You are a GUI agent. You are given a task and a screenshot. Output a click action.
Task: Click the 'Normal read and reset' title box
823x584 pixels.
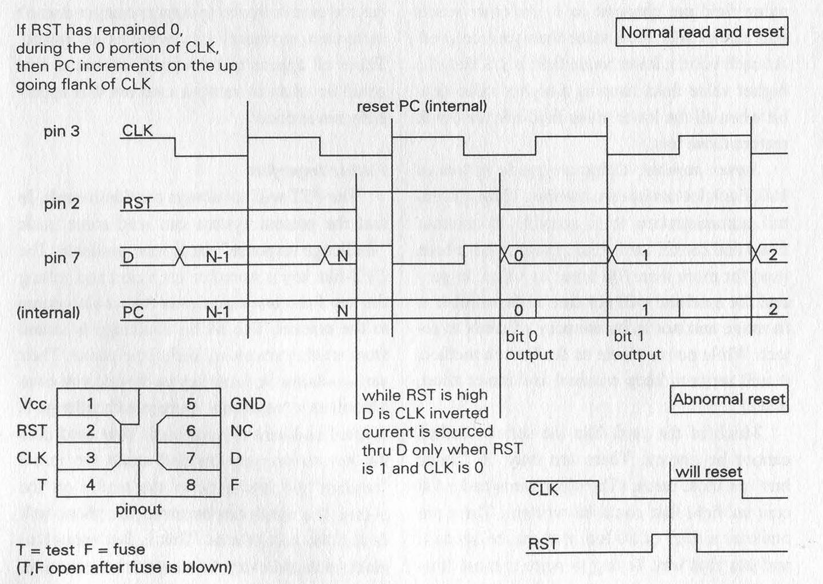pos(702,32)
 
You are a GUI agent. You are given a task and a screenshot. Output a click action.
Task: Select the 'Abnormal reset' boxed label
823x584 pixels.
pos(729,399)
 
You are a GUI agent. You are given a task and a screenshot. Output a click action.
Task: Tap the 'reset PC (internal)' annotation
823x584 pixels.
pos(422,106)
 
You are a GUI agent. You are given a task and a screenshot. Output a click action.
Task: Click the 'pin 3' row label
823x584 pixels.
pos(62,131)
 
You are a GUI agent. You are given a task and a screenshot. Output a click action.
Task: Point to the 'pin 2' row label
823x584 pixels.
pos(62,204)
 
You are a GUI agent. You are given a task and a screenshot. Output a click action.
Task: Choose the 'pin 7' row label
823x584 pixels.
pos(62,258)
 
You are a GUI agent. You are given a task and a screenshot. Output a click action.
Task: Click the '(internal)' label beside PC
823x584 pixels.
pos(48,313)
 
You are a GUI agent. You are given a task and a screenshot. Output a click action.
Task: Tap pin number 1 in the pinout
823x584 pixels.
pos(90,404)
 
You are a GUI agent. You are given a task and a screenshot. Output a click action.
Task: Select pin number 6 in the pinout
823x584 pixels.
pos(191,431)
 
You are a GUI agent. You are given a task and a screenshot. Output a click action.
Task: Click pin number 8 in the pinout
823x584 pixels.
pos(191,485)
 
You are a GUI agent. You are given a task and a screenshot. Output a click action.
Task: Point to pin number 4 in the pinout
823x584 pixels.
pos(90,485)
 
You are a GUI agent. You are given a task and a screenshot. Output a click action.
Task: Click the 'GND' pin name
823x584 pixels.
pos(247,404)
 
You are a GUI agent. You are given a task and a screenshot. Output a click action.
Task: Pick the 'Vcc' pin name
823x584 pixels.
pos(33,404)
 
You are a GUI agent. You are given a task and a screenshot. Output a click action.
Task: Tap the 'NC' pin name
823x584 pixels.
pos(242,431)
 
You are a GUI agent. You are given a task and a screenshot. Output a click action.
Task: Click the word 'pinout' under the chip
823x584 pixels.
pos(138,509)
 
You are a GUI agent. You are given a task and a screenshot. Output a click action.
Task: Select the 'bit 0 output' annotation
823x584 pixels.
pos(529,346)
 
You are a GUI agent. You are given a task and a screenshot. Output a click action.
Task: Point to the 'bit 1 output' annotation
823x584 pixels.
pos(637,346)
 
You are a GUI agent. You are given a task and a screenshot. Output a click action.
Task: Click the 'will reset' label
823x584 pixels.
pos(708,472)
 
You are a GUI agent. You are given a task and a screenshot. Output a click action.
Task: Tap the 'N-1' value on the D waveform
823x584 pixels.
pos(218,257)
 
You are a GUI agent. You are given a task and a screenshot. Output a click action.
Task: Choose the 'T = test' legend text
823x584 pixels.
pos(46,550)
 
